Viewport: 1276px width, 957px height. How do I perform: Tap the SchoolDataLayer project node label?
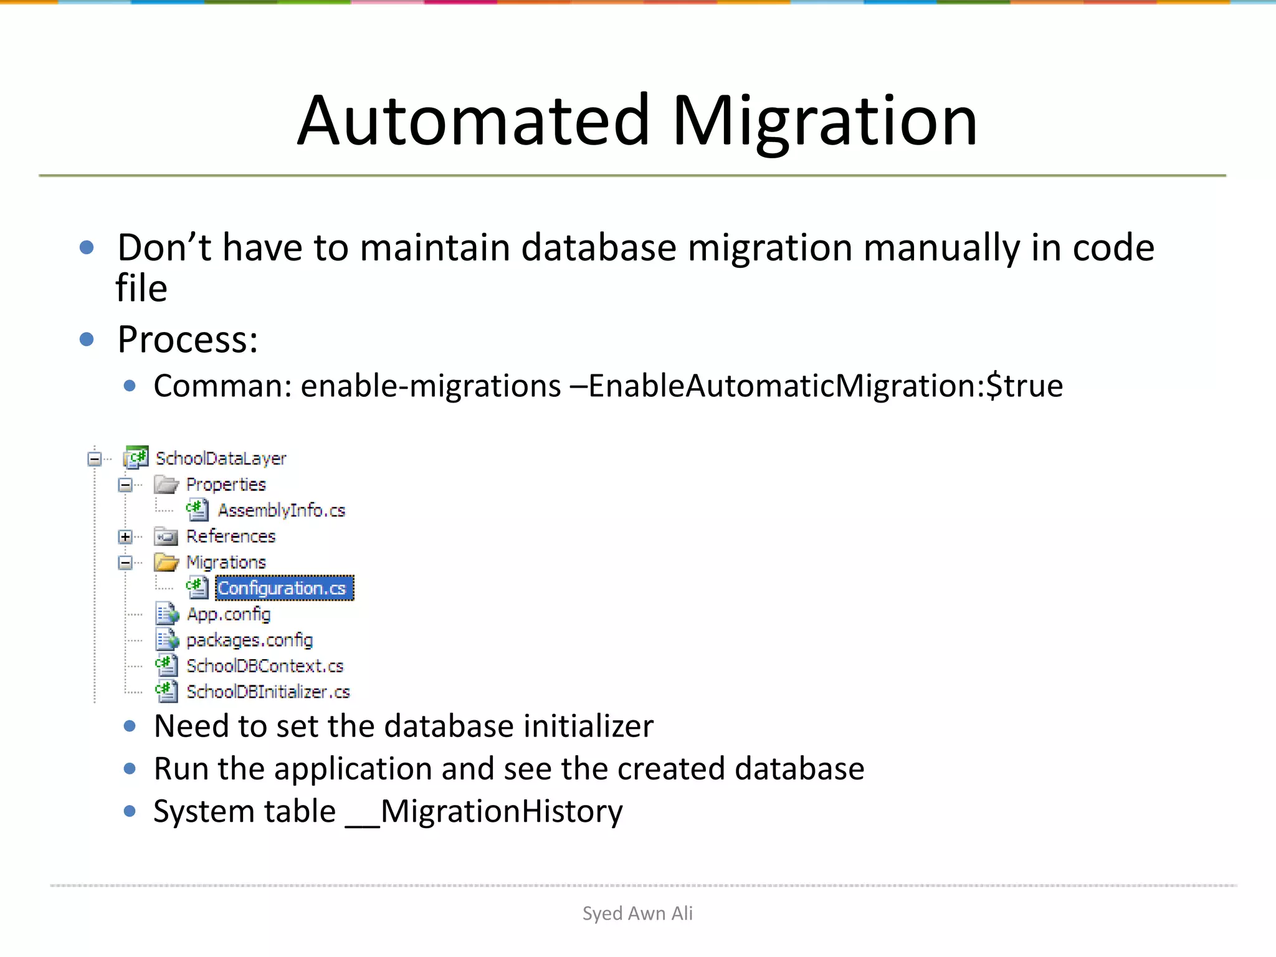tap(221, 459)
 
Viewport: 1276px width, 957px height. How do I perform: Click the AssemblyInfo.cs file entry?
tap(281, 510)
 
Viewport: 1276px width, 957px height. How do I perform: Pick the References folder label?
tap(231, 536)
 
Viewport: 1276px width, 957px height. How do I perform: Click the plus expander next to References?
tap(125, 536)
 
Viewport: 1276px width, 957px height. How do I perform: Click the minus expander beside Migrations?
tap(125, 563)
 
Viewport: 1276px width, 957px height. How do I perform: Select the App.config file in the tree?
tap(229, 614)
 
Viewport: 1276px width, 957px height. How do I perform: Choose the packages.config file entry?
tap(249, 640)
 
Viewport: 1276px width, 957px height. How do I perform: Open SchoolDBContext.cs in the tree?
tap(265, 666)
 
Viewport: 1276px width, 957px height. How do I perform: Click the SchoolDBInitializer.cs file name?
tap(268, 692)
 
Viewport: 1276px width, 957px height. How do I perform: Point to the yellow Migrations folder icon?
tap(166, 563)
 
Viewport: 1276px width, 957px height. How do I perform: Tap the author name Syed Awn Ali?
tap(637, 913)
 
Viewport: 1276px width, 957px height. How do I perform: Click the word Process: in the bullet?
tap(188, 340)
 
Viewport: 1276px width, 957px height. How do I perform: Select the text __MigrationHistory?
tap(484, 811)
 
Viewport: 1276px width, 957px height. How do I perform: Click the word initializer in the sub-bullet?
tap(588, 726)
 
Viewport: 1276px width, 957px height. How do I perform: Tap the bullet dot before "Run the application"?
tap(130, 768)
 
